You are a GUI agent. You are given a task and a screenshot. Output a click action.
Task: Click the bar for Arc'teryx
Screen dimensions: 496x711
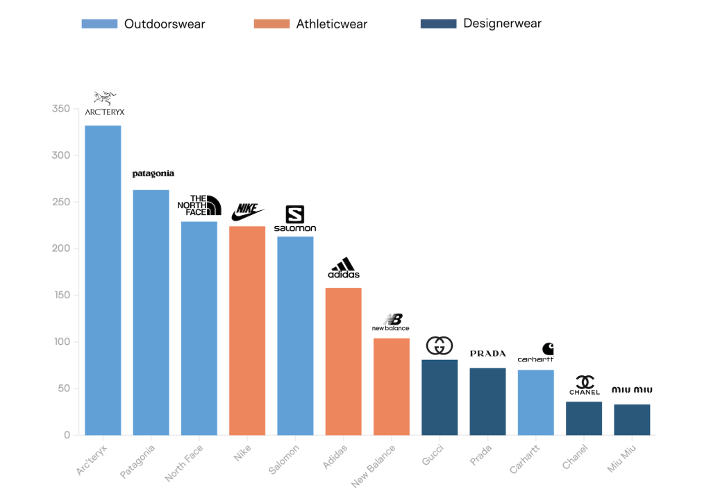click(x=103, y=280)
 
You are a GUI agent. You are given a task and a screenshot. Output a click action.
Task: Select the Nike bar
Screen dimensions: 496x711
click(x=247, y=330)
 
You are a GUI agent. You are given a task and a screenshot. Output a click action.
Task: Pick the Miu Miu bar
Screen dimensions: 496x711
click(x=632, y=420)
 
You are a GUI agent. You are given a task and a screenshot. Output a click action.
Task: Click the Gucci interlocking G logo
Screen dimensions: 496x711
click(x=439, y=345)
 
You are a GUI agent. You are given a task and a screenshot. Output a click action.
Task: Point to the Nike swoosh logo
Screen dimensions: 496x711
click(x=248, y=212)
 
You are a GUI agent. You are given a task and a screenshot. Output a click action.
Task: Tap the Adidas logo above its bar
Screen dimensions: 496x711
click(x=344, y=268)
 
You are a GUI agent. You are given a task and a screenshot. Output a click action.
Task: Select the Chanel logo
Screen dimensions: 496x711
click(x=584, y=386)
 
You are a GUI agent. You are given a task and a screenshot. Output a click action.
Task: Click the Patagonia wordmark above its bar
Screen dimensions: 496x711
click(x=153, y=173)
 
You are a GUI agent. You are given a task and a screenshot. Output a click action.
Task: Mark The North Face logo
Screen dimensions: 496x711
click(x=199, y=205)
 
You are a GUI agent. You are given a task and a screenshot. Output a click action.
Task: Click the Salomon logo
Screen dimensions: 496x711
click(x=295, y=219)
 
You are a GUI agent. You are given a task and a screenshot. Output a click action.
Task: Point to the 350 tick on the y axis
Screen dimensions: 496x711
click(x=61, y=109)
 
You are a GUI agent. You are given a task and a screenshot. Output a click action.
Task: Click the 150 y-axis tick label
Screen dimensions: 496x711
click(x=61, y=296)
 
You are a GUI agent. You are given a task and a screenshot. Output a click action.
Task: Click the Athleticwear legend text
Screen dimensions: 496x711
click(x=332, y=24)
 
